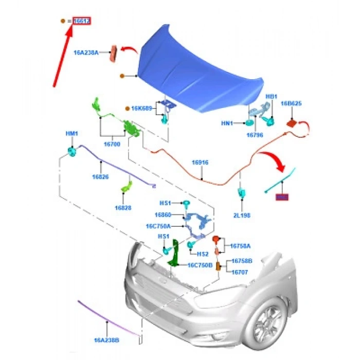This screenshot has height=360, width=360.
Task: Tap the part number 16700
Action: click(x=112, y=145)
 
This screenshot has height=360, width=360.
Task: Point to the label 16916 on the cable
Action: click(x=200, y=163)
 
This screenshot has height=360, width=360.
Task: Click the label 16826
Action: click(x=101, y=176)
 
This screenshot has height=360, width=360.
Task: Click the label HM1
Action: click(x=71, y=134)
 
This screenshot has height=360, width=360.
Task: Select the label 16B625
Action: click(x=291, y=103)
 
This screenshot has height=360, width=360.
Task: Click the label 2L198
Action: click(x=241, y=216)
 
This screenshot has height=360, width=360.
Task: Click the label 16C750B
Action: click(x=197, y=265)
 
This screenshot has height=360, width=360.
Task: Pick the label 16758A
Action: click(x=241, y=246)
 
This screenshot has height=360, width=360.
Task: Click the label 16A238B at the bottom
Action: click(x=107, y=340)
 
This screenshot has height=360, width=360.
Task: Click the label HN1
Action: click(x=228, y=123)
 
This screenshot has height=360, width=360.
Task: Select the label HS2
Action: click(x=203, y=254)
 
